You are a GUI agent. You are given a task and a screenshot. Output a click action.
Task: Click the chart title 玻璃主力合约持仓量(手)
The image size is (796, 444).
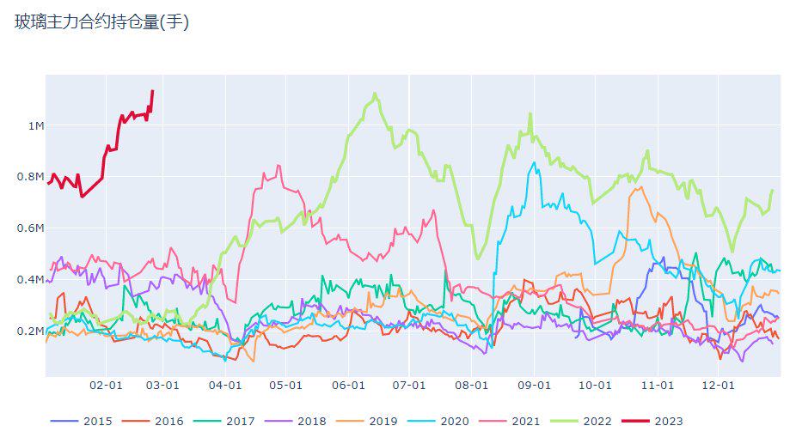click(x=101, y=23)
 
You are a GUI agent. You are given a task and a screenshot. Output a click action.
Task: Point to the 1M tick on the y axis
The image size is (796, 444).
click(x=35, y=126)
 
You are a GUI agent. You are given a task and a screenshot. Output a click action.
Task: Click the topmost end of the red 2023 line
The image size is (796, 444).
click(x=152, y=90)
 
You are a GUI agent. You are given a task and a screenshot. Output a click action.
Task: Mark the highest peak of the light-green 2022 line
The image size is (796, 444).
click(x=375, y=94)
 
